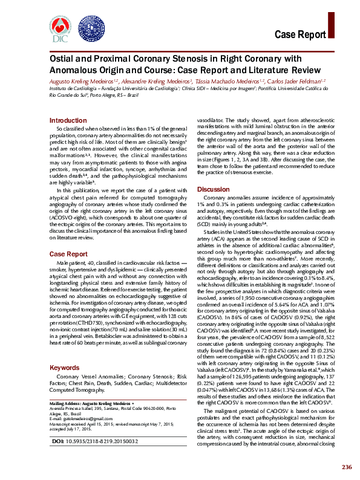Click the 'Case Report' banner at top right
click(309, 34)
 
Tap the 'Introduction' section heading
click(68, 121)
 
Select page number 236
click(346, 467)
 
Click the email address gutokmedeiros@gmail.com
click(79, 418)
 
